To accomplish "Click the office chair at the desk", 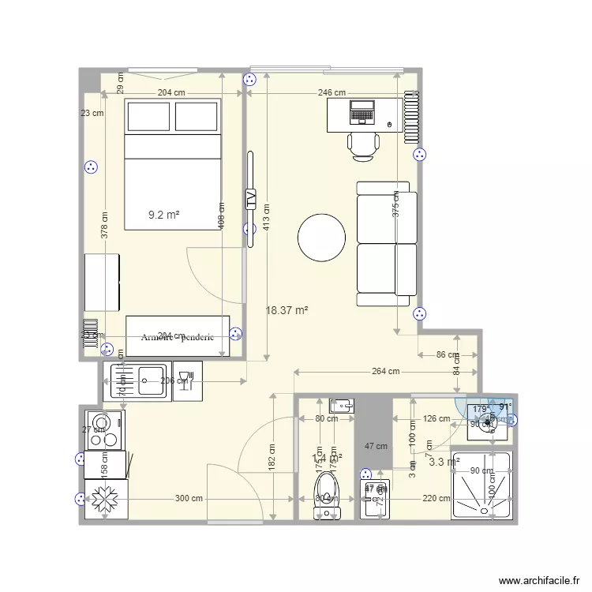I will tap(363, 145).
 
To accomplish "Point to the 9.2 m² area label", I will tap(164, 214).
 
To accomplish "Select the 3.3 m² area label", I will tap(443, 463).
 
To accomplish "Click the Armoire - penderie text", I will tap(178, 337).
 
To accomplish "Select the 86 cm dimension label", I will tap(446, 355).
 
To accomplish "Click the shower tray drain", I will tap(481, 487).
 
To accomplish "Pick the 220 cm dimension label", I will tap(436, 499).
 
